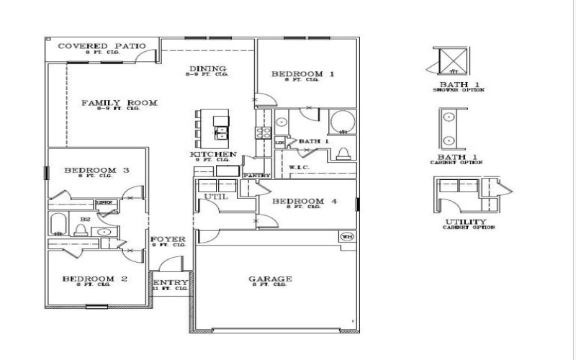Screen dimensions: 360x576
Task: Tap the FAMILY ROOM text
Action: (119, 103)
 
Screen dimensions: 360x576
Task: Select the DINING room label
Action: (207, 69)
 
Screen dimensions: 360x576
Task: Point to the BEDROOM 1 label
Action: (302, 74)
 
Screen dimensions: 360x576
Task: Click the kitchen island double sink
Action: (221, 132)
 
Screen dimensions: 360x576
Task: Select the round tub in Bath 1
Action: (342, 122)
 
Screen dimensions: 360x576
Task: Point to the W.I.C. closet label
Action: (299, 168)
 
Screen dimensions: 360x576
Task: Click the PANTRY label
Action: (256, 175)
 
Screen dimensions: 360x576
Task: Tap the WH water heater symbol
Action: (346, 236)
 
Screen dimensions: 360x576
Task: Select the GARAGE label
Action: (270, 279)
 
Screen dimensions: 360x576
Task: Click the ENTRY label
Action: (171, 282)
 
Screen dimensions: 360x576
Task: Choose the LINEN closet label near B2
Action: (104, 203)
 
